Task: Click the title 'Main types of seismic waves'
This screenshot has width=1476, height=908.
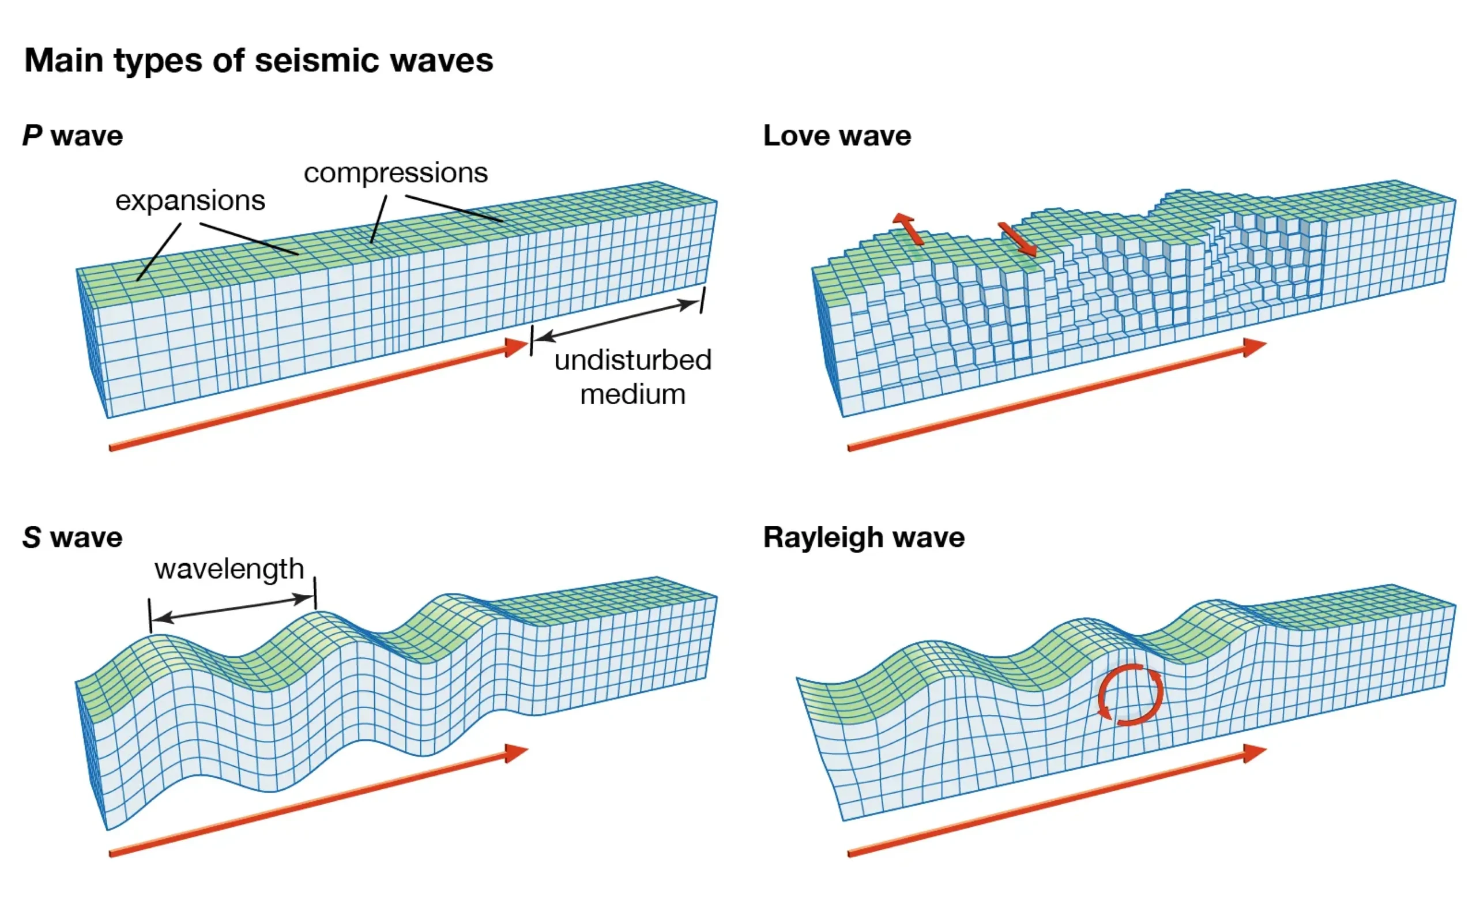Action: coord(258,61)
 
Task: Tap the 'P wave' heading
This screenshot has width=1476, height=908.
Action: coord(73,135)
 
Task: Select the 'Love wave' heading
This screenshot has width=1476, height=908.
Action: coord(837,135)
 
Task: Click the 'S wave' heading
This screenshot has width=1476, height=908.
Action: coord(73,537)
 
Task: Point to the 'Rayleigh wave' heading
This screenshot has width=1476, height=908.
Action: coord(864,537)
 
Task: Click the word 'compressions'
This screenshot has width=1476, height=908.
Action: coord(396,173)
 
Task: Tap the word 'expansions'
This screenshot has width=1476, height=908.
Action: coord(190,201)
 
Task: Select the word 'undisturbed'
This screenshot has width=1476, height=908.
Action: coord(633,360)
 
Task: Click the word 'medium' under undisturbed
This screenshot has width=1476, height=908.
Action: coord(633,394)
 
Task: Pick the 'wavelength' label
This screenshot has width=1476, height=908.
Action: coord(229,568)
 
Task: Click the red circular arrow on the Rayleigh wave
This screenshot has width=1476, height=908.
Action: coord(1130,694)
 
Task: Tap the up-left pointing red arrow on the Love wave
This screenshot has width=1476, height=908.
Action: coord(907,228)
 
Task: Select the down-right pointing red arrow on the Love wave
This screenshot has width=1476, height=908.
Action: coord(1018,240)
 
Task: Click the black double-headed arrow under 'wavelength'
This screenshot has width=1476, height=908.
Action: coord(233,608)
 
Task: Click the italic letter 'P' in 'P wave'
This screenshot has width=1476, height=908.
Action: coord(32,135)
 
